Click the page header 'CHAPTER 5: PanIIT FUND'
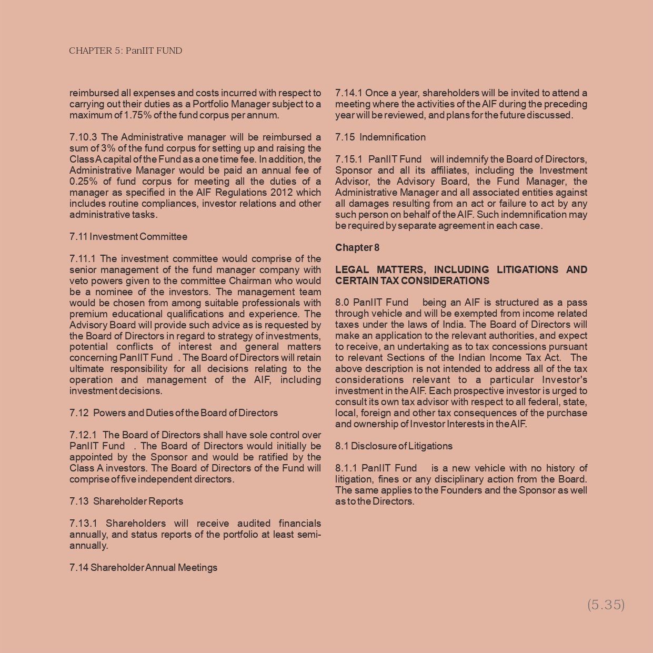tap(125, 51)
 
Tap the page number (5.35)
tap(606, 605)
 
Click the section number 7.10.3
tap(83, 137)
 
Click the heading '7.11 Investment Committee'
tap(128, 237)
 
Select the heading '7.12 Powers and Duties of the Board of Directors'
tap(173, 413)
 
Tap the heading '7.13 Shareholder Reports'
tap(126, 501)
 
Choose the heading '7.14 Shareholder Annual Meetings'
tap(143, 568)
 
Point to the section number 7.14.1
tap(349, 93)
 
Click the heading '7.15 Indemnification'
tap(380, 137)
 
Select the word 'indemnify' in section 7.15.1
tap(467, 159)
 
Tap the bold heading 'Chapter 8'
tap(357, 248)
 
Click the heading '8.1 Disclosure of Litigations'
tap(394, 446)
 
